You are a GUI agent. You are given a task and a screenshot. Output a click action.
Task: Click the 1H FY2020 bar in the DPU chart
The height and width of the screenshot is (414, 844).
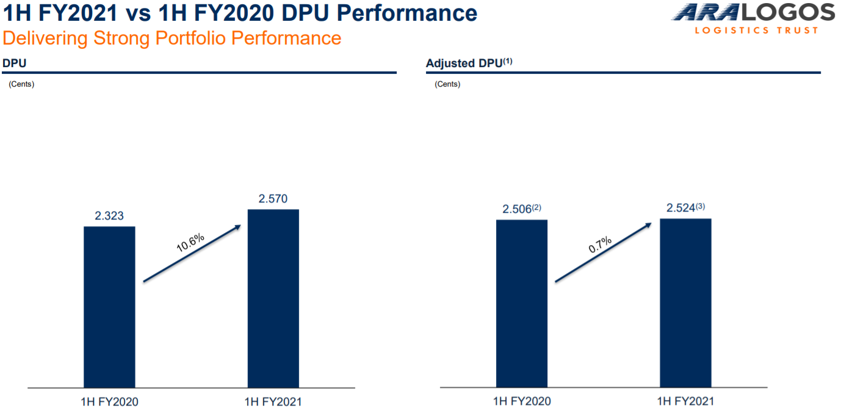coord(109,307)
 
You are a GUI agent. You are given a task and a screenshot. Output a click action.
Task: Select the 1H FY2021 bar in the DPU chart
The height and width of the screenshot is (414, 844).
coord(273,298)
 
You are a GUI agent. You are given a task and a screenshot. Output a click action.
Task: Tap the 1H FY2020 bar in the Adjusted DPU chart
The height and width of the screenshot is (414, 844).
coord(522,303)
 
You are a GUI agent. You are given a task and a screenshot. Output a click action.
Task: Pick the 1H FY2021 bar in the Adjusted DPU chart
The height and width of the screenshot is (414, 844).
coord(685,302)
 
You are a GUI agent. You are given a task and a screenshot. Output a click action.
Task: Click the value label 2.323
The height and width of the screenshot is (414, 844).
coord(109,216)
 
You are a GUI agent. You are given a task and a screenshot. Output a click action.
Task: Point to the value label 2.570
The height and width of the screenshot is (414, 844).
coord(273,199)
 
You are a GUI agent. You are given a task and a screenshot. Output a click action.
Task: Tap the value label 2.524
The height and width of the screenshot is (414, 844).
coord(680,208)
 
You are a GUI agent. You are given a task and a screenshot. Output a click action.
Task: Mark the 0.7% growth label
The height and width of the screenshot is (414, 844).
coord(600,245)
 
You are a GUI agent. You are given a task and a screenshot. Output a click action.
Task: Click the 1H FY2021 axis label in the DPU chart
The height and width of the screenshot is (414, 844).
coord(273,402)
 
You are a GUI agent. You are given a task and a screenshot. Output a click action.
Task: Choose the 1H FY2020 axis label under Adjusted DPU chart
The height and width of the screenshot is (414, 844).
coord(522,402)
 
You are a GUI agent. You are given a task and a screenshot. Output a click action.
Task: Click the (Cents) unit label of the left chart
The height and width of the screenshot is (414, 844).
coord(21,84)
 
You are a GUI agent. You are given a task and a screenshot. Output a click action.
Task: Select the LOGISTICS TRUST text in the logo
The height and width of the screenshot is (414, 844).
coord(756,30)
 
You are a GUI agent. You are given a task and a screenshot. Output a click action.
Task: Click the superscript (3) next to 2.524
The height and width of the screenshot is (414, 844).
coord(700,206)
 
